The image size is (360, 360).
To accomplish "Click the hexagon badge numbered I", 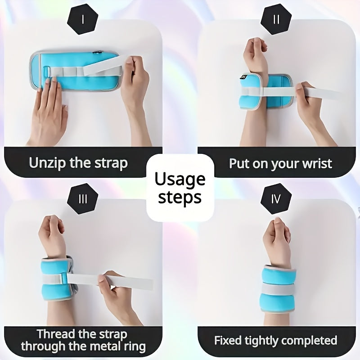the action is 83,19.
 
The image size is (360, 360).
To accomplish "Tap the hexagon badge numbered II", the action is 276,19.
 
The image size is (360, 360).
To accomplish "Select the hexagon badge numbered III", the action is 83,199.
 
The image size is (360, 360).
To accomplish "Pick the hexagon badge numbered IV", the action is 276,199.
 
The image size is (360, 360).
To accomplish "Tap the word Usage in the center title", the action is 180,179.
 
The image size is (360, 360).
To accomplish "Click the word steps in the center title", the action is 180,197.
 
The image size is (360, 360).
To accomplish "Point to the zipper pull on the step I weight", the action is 97,52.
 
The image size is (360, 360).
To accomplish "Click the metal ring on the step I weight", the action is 47,72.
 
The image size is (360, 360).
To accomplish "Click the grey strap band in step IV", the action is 278,289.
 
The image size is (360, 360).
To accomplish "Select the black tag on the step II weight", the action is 243,77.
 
